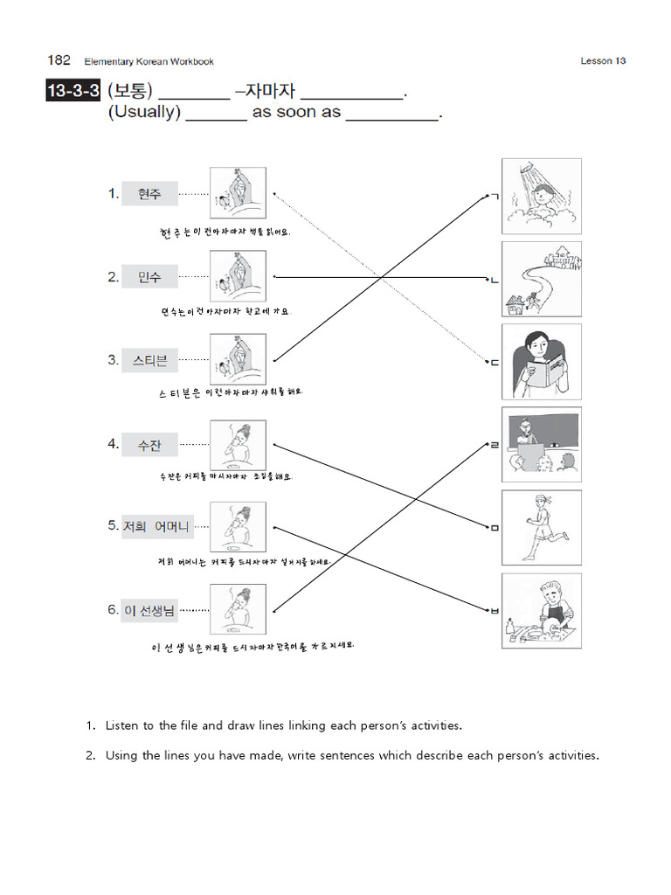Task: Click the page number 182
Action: [59, 60]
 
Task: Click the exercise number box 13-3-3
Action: [73, 91]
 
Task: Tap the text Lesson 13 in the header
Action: [603, 61]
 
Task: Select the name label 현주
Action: [149, 194]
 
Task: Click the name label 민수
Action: [149, 277]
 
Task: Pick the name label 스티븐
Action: [149, 360]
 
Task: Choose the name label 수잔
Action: [149, 444]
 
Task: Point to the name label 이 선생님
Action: [149, 610]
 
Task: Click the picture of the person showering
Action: [541, 196]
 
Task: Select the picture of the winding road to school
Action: [541, 279]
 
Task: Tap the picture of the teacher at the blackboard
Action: [541, 445]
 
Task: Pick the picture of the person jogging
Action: [541, 528]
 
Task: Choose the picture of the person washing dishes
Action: [541, 611]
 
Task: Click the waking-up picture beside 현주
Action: [238, 193]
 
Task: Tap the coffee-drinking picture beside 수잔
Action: [238, 444]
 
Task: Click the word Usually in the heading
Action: [144, 113]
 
